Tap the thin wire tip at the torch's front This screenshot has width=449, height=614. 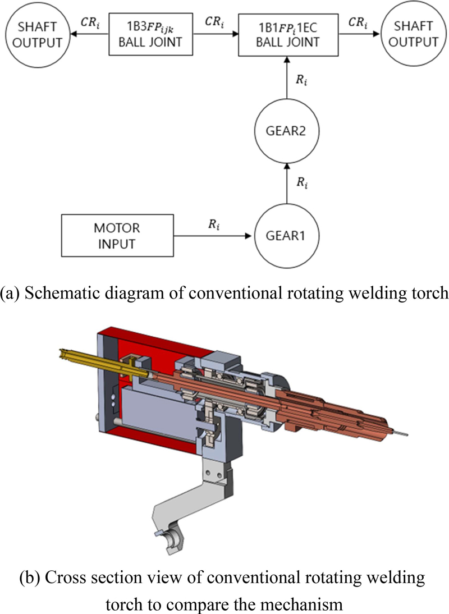coord(400,432)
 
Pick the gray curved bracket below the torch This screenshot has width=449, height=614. coord(180,505)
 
